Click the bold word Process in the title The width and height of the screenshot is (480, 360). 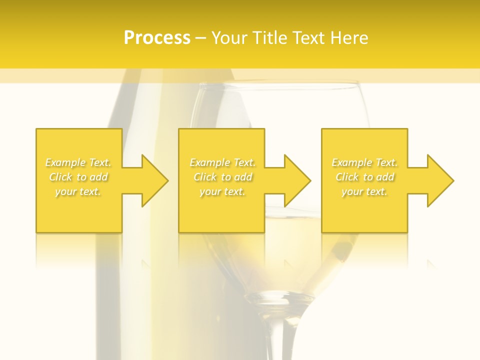click(157, 38)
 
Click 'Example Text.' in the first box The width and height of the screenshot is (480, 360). click(78, 162)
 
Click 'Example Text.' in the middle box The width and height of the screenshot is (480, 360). click(222, 162)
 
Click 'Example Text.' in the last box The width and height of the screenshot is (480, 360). click(364, 162)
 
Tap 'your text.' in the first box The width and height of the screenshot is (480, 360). click(78, 191)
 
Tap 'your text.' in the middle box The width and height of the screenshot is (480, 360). click(222, 191)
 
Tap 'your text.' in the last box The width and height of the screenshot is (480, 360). click(364, 191)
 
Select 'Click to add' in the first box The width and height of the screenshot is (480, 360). click(78, 177)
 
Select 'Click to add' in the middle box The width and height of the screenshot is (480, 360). click(222, 177)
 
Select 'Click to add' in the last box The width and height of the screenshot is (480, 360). click(364, 177)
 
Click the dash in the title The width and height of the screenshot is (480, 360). click(201, 38)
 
